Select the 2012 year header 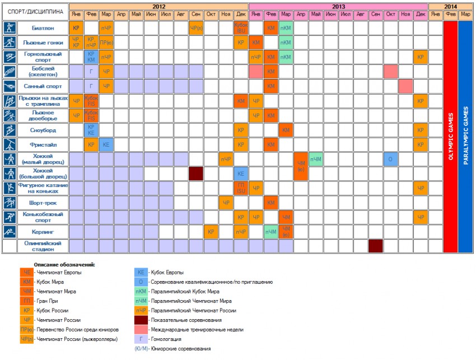click(x=158, y=6)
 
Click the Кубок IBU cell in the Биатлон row click(x=241, y=27)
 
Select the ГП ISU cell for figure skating click(x=241, y=188)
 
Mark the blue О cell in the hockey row click(x=391, y=158)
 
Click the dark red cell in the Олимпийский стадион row click(x=376, y=246)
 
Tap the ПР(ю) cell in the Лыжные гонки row click(x=106, y=42)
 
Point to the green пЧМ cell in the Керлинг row click(x=271, y=231)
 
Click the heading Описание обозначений click(x=64, y=264)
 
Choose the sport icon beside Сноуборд click(x=10, y=129)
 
